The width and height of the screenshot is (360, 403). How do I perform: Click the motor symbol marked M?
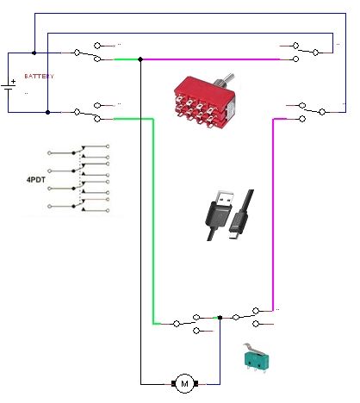click(184, 383)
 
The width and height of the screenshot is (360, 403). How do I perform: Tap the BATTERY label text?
click(39, 76)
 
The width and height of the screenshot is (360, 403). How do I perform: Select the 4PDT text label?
click(36, 180)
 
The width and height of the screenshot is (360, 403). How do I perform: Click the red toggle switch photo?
click(204, 101)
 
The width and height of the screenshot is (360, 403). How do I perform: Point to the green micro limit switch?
click(257, 357)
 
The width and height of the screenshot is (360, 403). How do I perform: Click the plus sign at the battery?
click(13, 82)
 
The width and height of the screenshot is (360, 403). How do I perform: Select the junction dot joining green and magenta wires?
click(140, 59)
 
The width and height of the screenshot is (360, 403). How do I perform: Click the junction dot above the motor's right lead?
click(220, 318)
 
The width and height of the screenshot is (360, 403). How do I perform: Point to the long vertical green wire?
click(153, 221)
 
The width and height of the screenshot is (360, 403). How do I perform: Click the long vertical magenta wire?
click(273, 214)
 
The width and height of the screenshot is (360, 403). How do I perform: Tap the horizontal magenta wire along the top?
click(211, 59)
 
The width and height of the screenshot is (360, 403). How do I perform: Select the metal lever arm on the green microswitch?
click(252, 348)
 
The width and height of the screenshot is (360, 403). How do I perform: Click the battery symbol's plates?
click(8, 88)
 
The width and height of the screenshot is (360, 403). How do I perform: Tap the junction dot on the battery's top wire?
click(34, 53)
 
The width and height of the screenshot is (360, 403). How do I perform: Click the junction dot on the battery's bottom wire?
click(47, 112)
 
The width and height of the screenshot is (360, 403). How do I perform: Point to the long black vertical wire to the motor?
click(140, 221)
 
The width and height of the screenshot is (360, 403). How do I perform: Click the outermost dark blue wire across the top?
click(190, 13)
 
